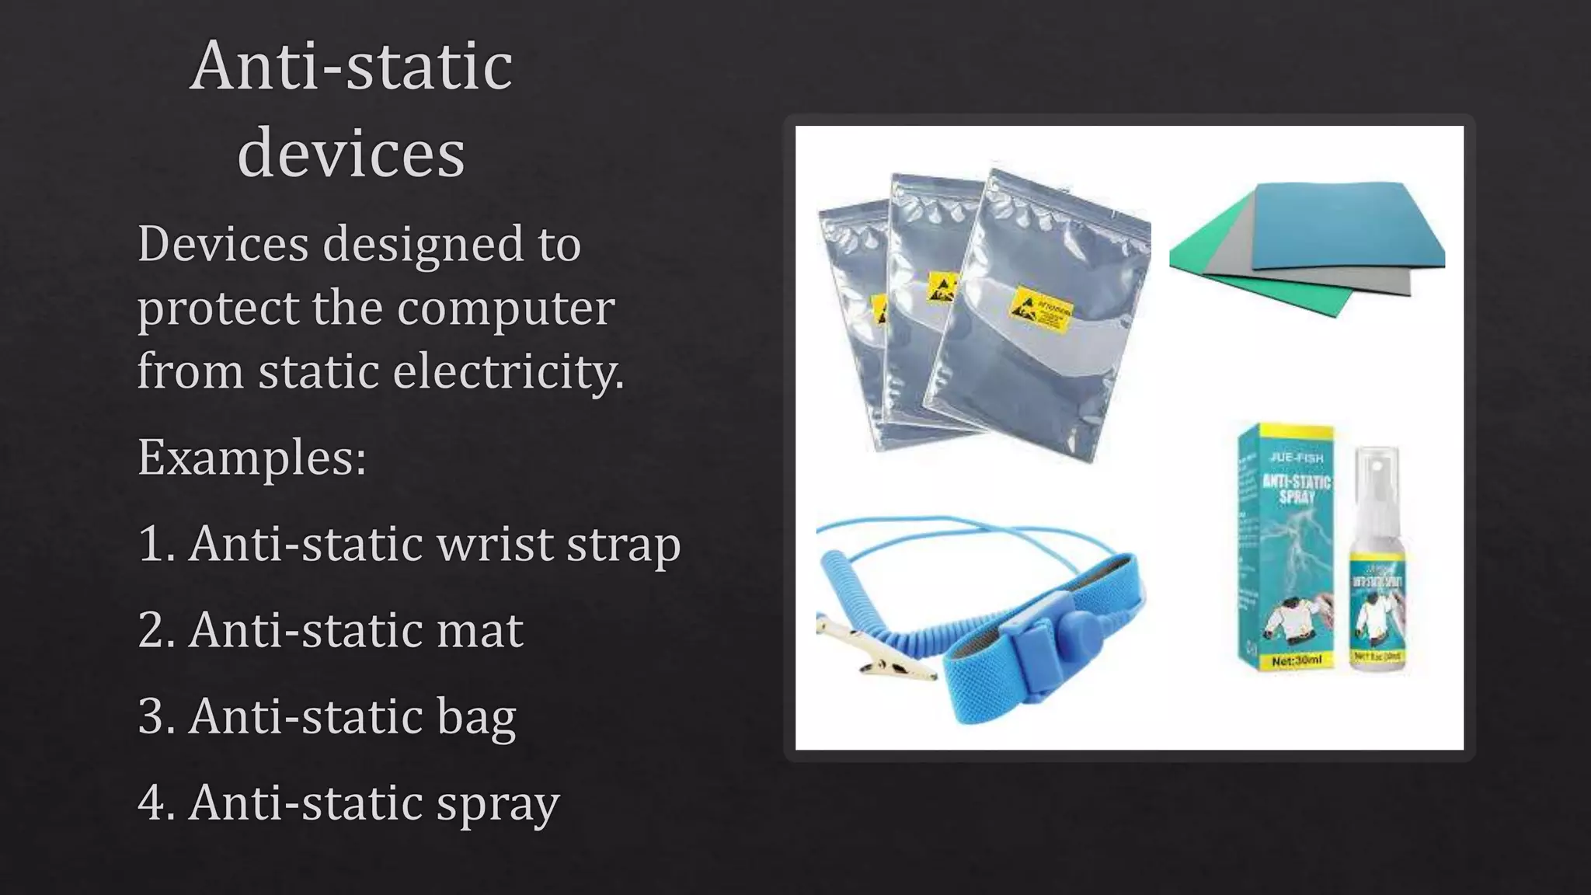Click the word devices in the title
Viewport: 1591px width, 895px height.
(351, 152)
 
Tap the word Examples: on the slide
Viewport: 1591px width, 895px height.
(252, 457)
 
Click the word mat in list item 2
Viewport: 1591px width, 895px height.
(479, 629)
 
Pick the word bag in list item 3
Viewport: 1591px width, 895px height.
(476, 716)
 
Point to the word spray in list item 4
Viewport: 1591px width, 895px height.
(497, 803)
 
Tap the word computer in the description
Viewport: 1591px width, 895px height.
(506, 308)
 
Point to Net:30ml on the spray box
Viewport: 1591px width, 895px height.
(1297, 660)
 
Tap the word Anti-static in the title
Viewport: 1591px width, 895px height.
(351, 66)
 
